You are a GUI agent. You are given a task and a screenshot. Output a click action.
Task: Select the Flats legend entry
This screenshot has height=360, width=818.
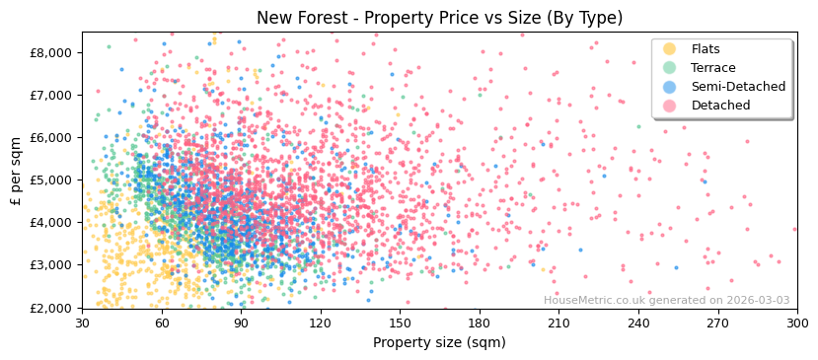click(x=706, y=49)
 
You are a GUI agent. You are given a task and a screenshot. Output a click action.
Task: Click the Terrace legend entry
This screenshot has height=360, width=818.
click(x=713, y=68)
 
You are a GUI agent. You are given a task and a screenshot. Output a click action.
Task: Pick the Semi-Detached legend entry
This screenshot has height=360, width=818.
click(x=738, y=87)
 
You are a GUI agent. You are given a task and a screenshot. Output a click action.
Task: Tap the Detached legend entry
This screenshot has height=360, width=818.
click(x=720, y=106)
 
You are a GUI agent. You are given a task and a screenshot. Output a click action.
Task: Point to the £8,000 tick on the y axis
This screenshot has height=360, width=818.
click(x=52, y=52)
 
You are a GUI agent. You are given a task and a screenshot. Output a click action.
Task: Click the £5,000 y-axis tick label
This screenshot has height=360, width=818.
click(x=52, y=180)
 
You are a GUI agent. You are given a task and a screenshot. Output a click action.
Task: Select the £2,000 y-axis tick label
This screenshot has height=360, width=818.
click(x=52, y=308)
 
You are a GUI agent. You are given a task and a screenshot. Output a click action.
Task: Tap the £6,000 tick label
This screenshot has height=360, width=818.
click(x=52, y=137)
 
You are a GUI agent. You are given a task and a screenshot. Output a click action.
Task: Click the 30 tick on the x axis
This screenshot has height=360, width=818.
click(x=82, y=323)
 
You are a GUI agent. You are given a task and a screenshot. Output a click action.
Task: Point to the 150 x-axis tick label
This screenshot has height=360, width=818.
click(x=400, y=323)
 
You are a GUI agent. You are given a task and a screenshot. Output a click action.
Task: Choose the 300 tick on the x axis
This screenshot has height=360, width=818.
click(x=797, y=323)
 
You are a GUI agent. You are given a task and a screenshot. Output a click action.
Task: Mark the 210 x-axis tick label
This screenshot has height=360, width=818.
click(x=558, y=323)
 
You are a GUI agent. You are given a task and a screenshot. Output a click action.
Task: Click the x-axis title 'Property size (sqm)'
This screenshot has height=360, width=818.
click(x=439, y=342)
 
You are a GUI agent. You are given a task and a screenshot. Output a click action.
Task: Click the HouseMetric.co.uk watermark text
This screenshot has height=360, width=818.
click(x=666, y=301)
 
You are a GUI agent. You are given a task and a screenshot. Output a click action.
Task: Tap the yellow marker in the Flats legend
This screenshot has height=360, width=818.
click(x=669, y=49)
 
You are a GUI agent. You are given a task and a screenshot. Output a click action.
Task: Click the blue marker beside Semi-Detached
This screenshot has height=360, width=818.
click(x=669, y=87)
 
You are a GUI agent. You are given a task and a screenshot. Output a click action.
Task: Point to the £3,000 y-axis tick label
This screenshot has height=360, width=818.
click(x=52, y=264)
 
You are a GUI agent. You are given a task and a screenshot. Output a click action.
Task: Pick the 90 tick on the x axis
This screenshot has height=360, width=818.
click(x=241, y=323)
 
